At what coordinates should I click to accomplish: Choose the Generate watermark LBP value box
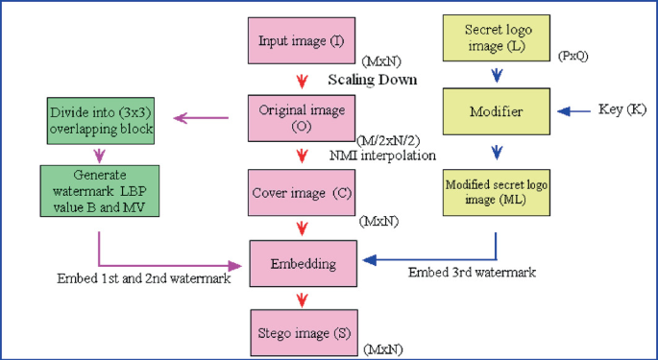(98, 190)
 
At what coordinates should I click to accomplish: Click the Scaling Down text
(373, 80)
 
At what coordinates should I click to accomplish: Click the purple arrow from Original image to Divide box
(202, 118)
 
